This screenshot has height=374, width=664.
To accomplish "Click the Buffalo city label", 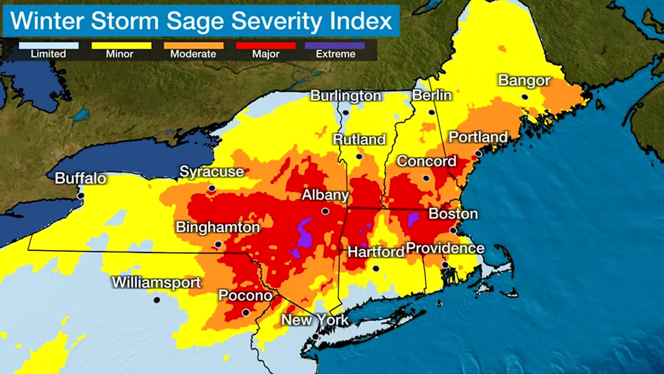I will (x=80, y=178).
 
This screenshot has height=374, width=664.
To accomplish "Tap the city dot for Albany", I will (x=325, y=211).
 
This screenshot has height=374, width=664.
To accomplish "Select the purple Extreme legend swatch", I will (x=335, y=46).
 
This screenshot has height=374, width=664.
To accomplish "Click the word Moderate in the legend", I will (x=193, y=54).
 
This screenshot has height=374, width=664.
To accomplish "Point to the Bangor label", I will (x=524, y=80).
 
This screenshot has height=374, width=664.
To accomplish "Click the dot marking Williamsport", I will (x=157, y=300).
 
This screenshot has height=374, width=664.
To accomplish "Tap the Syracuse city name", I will (x=212, y=172).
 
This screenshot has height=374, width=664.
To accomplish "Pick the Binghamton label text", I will (x=218, y=227).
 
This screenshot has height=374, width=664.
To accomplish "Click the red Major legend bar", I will (x=266, y=46).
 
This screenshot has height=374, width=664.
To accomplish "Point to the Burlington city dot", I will (x=345, y=112).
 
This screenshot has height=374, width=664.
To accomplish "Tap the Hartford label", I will (x=376, y=252).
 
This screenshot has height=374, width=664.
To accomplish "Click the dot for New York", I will (x=315, y=336).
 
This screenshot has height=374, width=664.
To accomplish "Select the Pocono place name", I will (x=245, y=295).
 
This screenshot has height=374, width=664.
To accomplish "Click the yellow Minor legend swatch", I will (x=121, y=46).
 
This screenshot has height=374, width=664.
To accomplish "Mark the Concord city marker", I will (x=426, y=178).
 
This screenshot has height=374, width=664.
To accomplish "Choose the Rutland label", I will (x=359, y=140).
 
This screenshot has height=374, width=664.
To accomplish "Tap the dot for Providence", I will (x=445, y=265).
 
